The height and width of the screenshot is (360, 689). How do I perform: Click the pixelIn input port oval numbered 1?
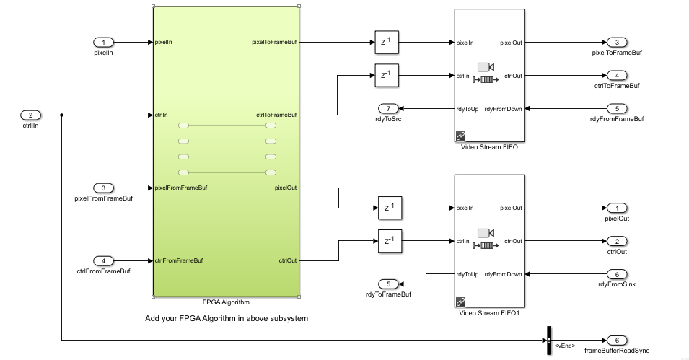104,42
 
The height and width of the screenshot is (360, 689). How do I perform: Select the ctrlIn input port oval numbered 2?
30,115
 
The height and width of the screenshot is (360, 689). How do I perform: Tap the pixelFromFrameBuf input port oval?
104,188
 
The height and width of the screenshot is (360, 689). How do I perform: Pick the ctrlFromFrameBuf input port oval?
104,260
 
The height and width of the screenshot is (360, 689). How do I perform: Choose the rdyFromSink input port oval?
617,274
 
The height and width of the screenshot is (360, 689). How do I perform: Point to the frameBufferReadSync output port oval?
617,340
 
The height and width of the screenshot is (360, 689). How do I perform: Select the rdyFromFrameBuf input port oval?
617,108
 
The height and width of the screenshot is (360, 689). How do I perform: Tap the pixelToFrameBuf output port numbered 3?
617,42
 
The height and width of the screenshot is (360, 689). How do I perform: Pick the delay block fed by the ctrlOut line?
390,241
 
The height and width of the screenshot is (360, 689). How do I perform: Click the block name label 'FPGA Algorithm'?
226,302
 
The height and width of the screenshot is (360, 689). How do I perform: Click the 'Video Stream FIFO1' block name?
489,313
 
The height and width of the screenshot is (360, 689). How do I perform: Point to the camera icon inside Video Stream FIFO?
484,67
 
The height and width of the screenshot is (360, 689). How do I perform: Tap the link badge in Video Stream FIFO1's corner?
460,301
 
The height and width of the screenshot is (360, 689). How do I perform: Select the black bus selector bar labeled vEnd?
548,340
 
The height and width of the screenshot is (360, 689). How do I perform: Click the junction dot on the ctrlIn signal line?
62,115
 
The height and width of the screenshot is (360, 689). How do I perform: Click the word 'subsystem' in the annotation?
288,318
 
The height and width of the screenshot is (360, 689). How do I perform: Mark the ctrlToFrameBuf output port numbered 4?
617,75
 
